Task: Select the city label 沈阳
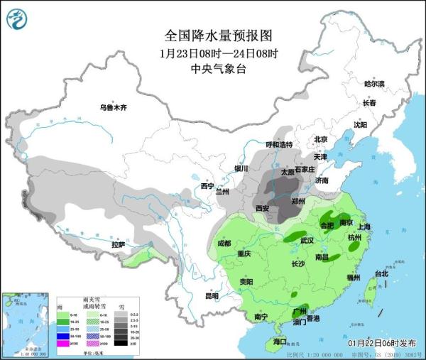click(360, 125)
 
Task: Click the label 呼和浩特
click(279, 144)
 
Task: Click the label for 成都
click(224, 244)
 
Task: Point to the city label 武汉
click(307, 241)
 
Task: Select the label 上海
click(364, 227)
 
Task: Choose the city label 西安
click(261, 208)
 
